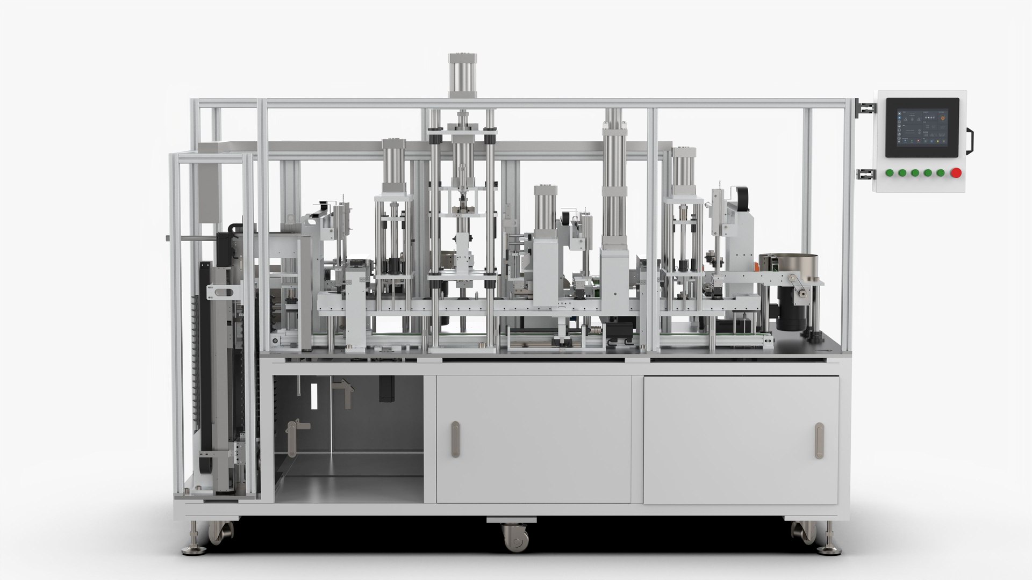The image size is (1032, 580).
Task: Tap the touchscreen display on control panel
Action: click(922, 127)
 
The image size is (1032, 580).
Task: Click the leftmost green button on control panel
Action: click(890, 173)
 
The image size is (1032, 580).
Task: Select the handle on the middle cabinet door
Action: click(455, 439)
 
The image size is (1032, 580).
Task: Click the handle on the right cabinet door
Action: click(819, 440)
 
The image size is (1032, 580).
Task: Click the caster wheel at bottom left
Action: click(221, 533)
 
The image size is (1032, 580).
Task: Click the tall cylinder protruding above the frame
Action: click(463, 75)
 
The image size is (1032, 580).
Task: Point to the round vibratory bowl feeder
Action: click(787, 266)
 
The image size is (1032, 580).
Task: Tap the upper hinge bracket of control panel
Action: click(865, 107)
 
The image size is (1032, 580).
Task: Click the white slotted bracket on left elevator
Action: click(222, 292)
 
